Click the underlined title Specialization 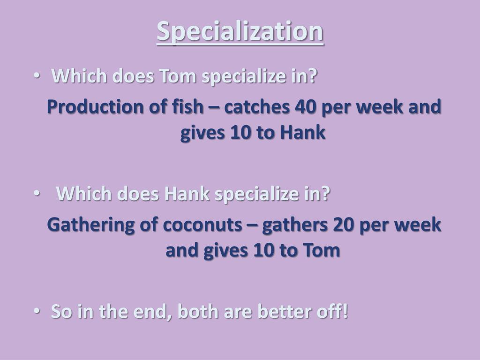point(240,32)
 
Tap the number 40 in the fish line point(305,107)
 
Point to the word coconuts point(202,225)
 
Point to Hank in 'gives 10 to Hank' point(303,133)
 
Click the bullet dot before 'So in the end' point(37,311)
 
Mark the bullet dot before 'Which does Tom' point(37,76)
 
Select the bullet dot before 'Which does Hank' point(37,193)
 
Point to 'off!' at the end point(332,311)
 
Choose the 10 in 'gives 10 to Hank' point(240,133)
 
